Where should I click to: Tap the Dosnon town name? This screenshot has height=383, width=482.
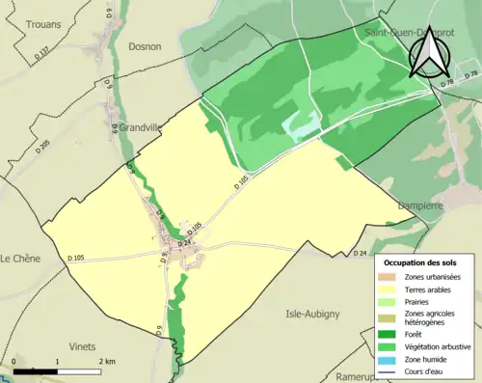pos(145,45)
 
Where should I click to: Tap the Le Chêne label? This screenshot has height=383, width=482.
pos(19,259)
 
